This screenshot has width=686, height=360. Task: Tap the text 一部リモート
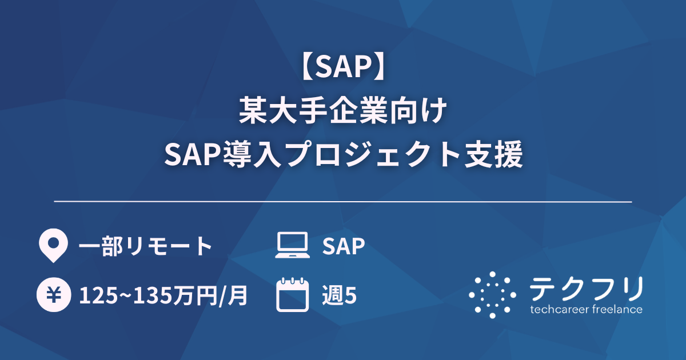[x=146, y=246]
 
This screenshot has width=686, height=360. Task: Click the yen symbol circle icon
[x=53, y=295]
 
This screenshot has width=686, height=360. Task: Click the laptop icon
[x=292, y=246]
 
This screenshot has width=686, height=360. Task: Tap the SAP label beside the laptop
[x=344, y=246]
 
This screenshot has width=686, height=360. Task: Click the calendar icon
[x=292, y=295]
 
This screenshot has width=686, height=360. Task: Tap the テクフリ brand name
[x=587, y=289]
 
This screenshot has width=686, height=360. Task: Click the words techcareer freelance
[x=587, y=310]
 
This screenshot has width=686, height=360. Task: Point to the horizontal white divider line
[x=343, y=202]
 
